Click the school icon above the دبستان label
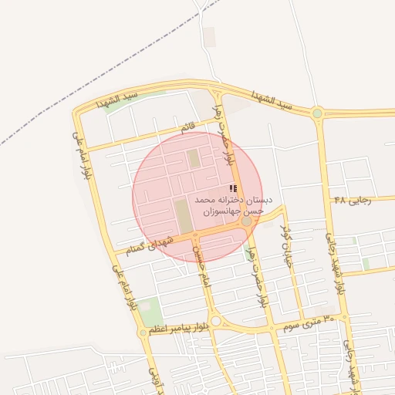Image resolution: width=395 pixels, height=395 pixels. tap(233, 188)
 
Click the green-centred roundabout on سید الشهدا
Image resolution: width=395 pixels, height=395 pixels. tap(317, 113)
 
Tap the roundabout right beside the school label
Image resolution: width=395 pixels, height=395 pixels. tap(246, 221)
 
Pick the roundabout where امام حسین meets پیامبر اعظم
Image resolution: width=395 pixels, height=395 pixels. tap(216, 321)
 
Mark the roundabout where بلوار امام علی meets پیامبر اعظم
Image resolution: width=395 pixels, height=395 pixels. tap(143, 333)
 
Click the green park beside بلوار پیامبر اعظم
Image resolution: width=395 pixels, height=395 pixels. tap(150, 311)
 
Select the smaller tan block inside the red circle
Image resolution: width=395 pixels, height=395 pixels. tap(194, 160)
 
